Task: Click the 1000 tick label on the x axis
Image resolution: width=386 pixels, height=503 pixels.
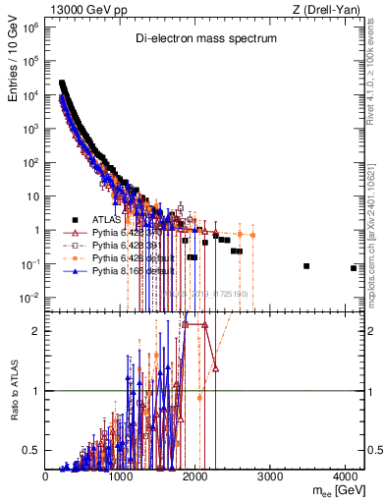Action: (121, 475)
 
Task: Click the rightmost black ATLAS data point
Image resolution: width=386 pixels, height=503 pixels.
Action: (353, 267)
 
